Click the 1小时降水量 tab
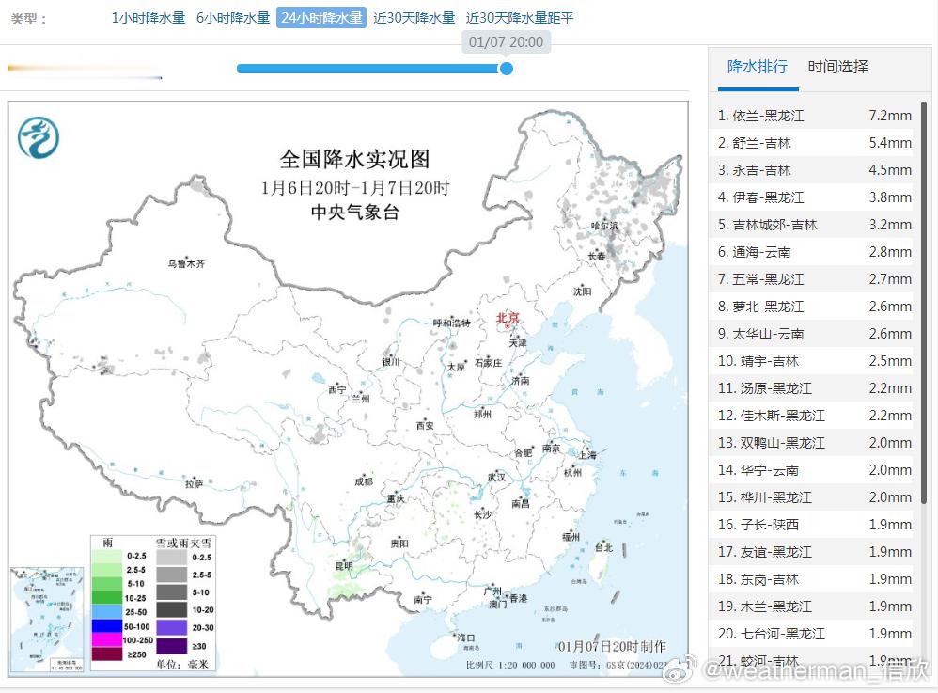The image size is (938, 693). coord(149,18)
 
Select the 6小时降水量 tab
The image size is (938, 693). coord(233,18)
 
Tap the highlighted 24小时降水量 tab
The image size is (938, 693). coord(320,18)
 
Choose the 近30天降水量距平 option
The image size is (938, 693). coord(520,18)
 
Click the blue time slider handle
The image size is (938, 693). coord(506,68)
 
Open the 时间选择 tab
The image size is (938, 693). coord(837,67)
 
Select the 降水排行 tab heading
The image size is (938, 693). coord(758,67)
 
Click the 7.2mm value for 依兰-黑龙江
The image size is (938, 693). coord(890,116)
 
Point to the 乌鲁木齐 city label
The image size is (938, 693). coord(186,264)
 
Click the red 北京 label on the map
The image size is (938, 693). coord(508,319)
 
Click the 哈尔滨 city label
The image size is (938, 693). coord(604,226)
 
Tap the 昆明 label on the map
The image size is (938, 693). coord(344,566)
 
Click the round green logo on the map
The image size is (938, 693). coord(39,138)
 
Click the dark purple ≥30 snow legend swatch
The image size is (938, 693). coord(171,646)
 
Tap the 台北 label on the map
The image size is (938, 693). coord(603,547)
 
